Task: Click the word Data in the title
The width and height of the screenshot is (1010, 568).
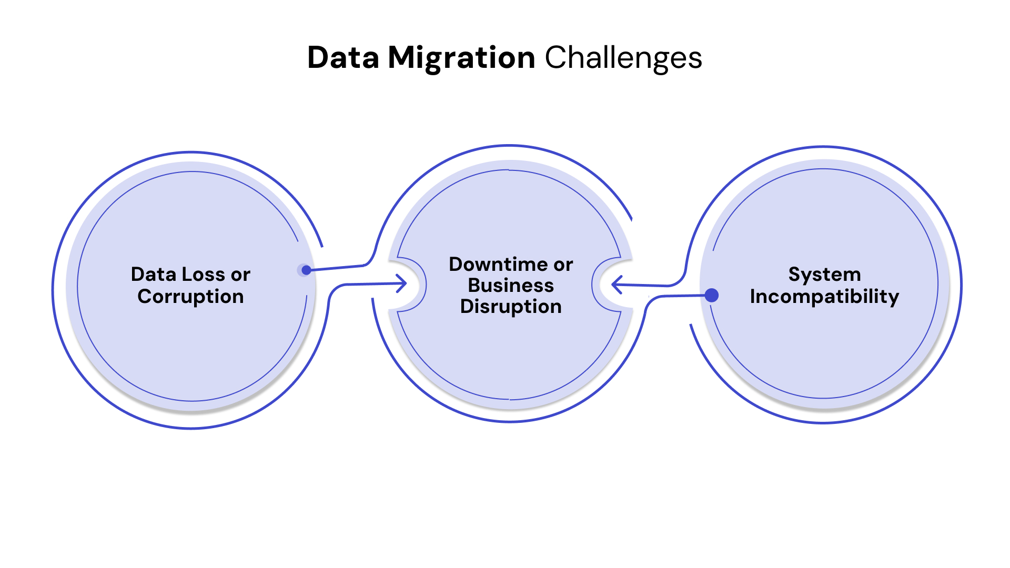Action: tap(342, 57)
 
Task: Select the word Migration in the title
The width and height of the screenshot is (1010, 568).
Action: tap(461, 57)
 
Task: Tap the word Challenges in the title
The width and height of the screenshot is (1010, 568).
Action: tap(623, 57)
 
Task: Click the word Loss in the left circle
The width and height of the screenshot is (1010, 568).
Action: tap(196, 274)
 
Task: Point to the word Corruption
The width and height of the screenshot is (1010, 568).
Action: tap(190, 296)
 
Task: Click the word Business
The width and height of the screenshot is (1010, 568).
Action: tap(511, 285)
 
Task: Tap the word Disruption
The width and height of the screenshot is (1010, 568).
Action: tap(511, 306)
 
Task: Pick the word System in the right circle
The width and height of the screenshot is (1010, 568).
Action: tap(824, 274)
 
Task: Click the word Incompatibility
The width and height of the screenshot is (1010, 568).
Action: tap(824, 296)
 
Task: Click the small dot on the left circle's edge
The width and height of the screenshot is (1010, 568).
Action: tap(306, 270)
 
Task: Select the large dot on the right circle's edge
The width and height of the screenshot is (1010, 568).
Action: tap(711, 296)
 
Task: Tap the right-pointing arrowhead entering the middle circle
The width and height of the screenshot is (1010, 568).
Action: tap(402, 283)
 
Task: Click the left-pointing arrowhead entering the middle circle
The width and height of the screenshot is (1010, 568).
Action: tap(617, 285)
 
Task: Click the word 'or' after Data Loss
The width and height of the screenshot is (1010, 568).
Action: tap(240, 275)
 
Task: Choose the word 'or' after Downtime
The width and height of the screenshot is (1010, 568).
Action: tap(563, 265)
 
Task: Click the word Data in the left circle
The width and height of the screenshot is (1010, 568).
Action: tap(153, 274)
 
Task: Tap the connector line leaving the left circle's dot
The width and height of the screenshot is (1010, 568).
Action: tap(337, 267)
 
